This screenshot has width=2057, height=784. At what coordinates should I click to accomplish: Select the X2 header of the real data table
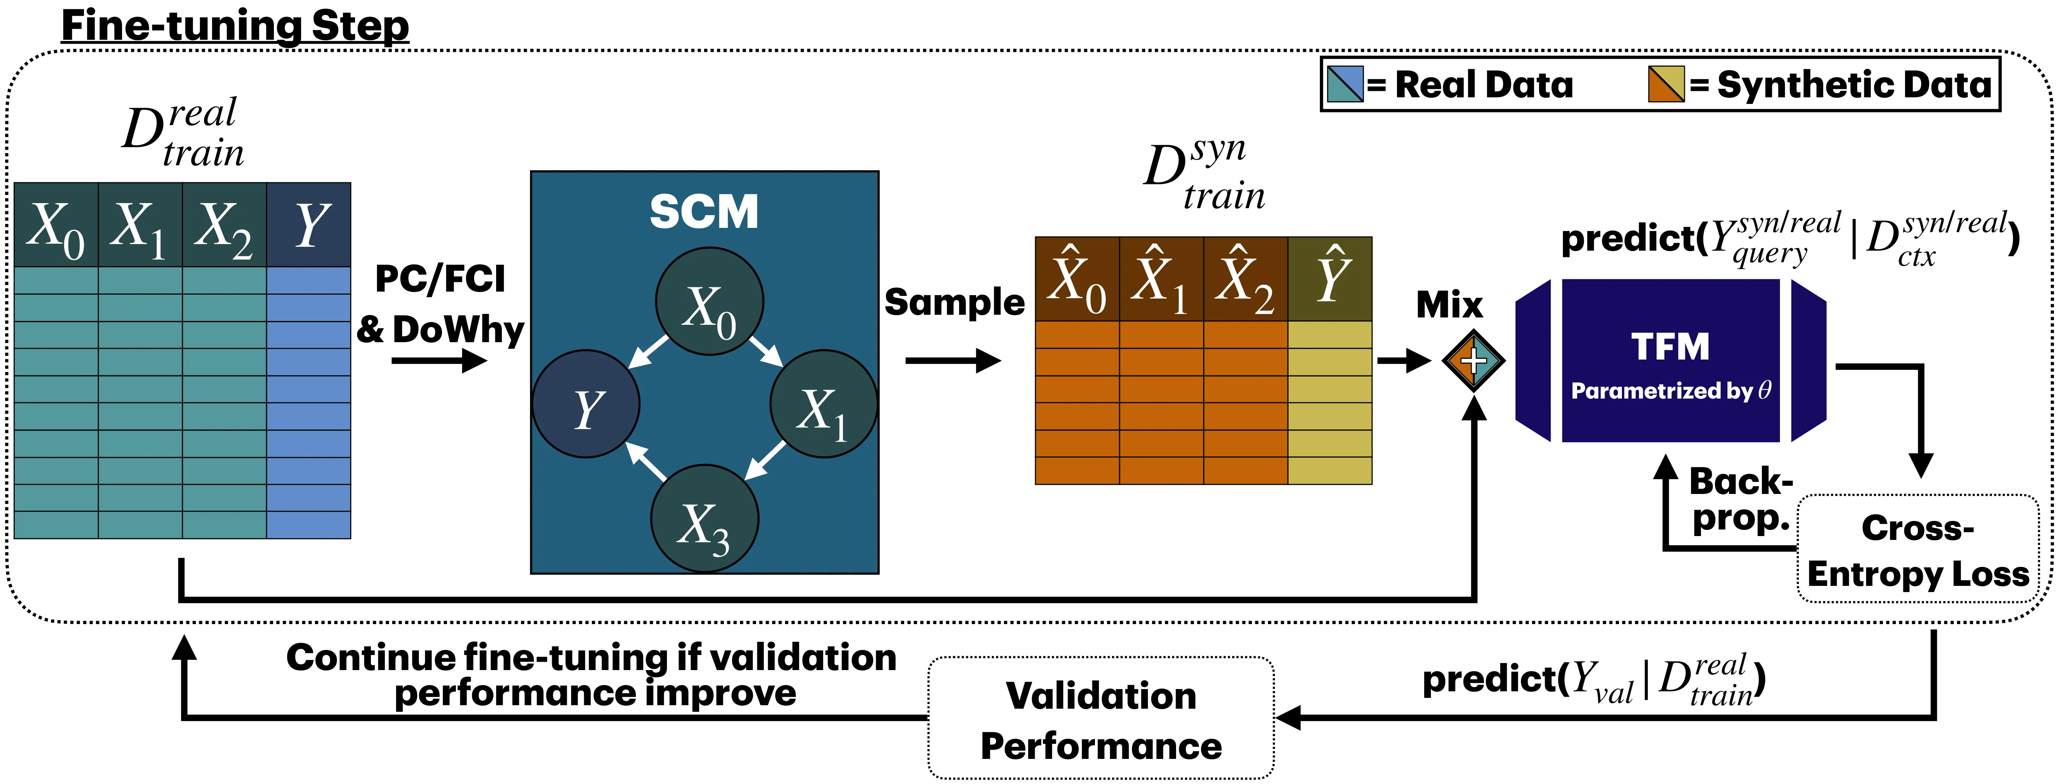(x=224, y=225)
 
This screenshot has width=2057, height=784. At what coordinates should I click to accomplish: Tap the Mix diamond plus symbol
(x=1473, y=361)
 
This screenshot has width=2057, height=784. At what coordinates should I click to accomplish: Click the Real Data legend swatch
(x=1345, y=84)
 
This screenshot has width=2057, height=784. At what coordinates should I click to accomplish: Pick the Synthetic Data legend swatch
(x=1666, y=84)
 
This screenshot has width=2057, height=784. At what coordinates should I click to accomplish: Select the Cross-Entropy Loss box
(x=1917, y=549)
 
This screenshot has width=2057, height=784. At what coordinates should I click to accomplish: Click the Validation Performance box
(x=1100, y=718)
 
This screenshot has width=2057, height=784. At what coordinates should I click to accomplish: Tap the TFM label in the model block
(x=1670, y=347)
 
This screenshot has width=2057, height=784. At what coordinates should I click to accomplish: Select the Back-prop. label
(x=1741, y=500)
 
